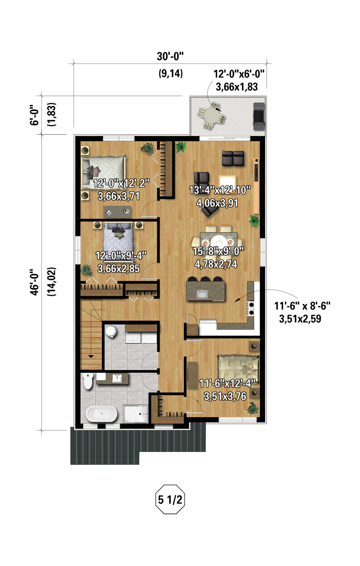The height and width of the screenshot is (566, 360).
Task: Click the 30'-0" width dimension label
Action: coord(170,56)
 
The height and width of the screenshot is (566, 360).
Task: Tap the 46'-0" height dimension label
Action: coord(34,282)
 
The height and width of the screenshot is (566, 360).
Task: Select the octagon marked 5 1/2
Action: coord(170,499)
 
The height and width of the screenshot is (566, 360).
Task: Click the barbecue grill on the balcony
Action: coord(259,116)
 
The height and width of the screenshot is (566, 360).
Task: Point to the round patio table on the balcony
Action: coord(211,115)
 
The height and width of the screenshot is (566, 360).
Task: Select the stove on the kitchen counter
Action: coord(251,308)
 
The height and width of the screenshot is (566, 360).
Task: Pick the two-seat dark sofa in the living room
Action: coord(233,158)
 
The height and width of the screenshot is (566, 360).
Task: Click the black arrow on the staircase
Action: coord(91,356)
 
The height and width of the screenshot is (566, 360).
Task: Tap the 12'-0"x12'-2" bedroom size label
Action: coord(121,183)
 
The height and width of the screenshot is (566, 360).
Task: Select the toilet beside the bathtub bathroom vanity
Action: coord(88,381)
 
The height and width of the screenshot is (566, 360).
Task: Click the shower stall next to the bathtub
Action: coord(136,414)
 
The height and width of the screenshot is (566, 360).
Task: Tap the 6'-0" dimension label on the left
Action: coord(34,115)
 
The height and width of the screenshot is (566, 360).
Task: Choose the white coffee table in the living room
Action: coord(227,183)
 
